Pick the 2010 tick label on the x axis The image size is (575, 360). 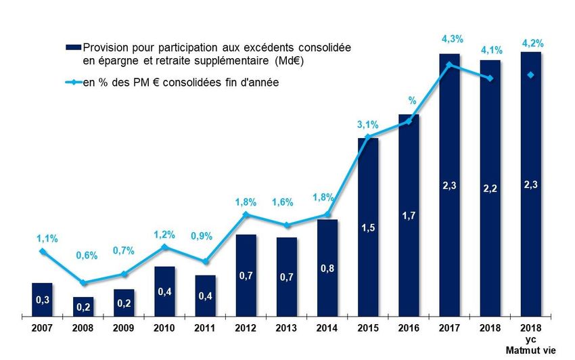pos(164,328)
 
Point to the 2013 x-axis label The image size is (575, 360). pos(286,328)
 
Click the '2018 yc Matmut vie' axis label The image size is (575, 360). pos(531,338)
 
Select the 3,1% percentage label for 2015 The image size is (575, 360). pos(368,125)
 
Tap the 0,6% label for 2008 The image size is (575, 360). pos(83,256)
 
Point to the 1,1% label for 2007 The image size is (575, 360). pos(43,238)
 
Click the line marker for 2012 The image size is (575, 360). pos(246,215)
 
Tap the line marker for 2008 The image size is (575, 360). pos(83,283)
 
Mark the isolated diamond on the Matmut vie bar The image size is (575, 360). pos(531,75)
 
